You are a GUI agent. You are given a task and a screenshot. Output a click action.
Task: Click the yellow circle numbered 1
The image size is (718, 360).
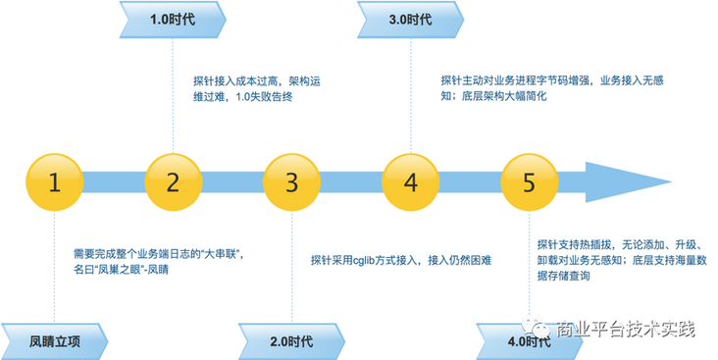(55, 180)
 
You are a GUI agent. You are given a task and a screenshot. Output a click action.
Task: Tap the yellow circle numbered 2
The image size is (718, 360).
(174, 180)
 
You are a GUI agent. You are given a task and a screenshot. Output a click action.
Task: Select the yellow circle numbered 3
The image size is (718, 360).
(292, 180)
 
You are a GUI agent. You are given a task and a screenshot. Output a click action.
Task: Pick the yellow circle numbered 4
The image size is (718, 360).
(410, 180)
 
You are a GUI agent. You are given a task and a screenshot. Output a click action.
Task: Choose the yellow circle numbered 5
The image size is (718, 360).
(529, 180)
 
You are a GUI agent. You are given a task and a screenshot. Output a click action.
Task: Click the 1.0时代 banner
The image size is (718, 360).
(173, 19)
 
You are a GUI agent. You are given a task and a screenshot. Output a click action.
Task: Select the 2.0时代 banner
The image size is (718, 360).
(291, 341)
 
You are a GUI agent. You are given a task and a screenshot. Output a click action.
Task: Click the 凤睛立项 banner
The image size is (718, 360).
(54, 341)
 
